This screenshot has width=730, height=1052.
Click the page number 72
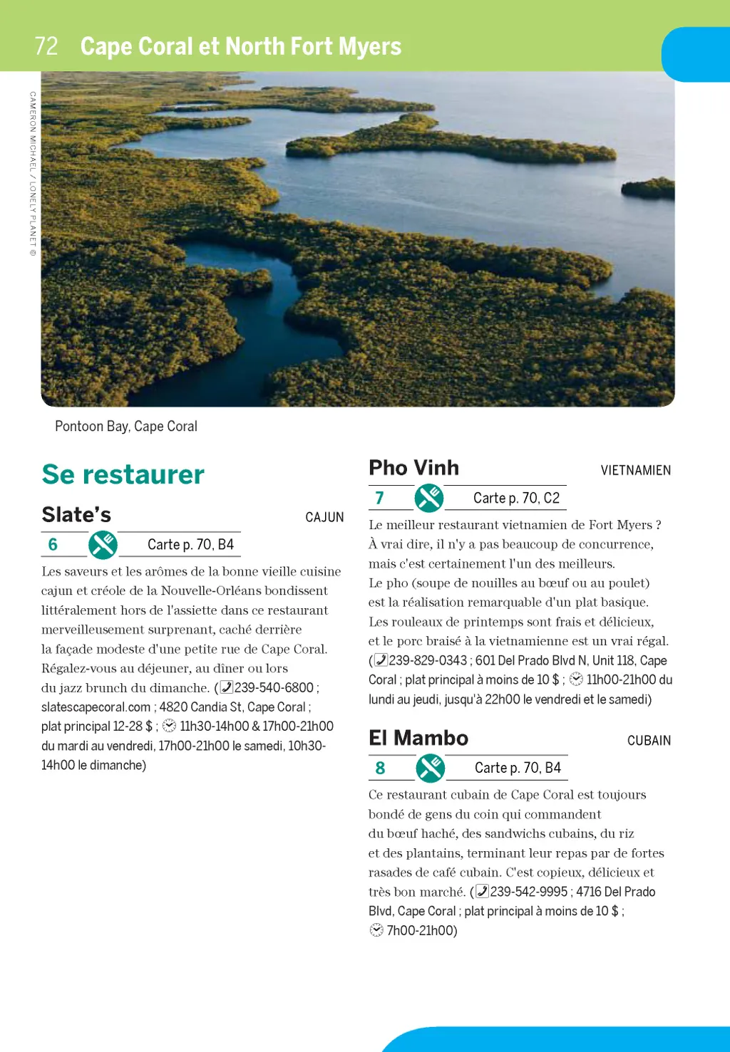[46, 46]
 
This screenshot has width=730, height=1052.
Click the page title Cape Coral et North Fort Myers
[241, 46]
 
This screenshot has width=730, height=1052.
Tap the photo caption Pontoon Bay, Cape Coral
[126, 426]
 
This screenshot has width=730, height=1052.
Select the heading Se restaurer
[123, 474]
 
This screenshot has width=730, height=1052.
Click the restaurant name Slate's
[76, 514]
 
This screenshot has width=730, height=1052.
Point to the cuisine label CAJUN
[324, 517]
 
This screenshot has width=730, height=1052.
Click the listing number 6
[53, 545]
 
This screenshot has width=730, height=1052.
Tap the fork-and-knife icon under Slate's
[103, 545]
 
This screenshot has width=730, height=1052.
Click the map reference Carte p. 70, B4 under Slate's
[190, 545]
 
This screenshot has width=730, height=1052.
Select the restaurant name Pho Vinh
[413, 468]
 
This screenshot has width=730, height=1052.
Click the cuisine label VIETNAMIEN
[635, 470]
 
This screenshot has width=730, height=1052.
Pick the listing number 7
[379, 499]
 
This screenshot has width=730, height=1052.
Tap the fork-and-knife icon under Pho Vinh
[429, 499]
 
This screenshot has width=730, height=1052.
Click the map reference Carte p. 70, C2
[516, 499]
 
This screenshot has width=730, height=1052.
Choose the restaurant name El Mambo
[418, 738]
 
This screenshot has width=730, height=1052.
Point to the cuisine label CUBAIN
[649, 741]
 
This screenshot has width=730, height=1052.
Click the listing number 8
[380, 768]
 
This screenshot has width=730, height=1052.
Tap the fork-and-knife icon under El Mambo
[430, 768]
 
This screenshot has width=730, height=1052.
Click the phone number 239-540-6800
[274, 687]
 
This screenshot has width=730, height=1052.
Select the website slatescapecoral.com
[96, 707]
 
